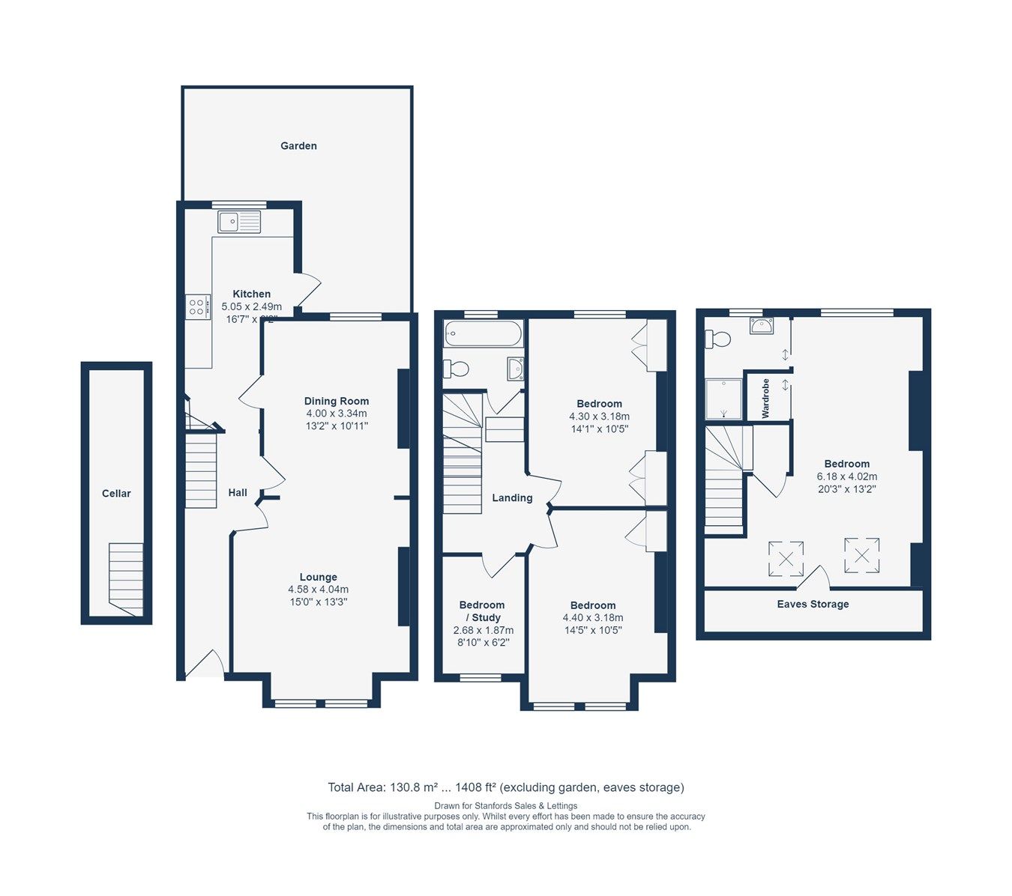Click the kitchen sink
pos(239,222)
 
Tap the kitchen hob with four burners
pos(197,306)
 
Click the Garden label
pos(298,146)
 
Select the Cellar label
pos(116,494)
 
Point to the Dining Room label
pos(337,401)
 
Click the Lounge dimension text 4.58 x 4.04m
pos(318,590)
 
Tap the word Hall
pos(238,493)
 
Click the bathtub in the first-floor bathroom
pos(483,333)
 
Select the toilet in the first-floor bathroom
pos(457,369)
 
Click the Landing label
pos(512,498)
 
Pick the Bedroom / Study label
pos(482,611)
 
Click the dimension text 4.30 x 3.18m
pos(599,417)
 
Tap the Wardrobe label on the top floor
pos(765,399)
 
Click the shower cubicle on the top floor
pos(723,399)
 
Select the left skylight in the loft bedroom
pos(786,558)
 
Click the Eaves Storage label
pos(813,605)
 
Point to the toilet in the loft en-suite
pos(718,339)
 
